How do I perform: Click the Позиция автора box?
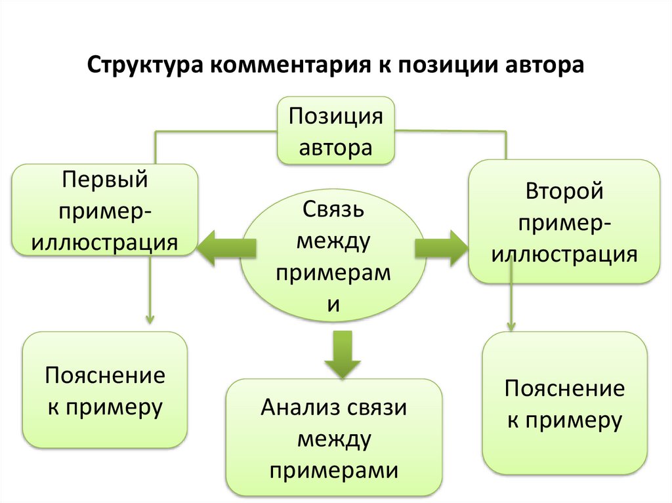337,131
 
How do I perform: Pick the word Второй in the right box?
564,192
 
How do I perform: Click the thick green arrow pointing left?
226,247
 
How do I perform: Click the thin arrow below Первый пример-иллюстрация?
150,289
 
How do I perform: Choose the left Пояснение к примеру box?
105,390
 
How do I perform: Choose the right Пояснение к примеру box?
564,403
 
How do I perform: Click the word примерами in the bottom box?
334,470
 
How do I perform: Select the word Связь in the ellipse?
333,211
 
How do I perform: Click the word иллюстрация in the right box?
564,254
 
